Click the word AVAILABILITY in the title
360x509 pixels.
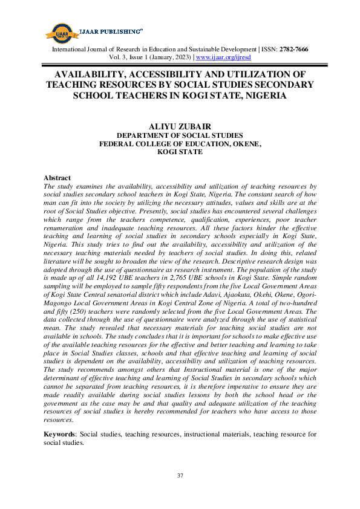click(91, 74)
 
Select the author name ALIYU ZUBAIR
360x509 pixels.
click(180, 125)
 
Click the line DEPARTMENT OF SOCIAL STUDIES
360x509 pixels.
click(180, 136)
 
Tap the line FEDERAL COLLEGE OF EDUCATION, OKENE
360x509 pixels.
click(180, 144)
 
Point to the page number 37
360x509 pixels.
click(180, 476)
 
